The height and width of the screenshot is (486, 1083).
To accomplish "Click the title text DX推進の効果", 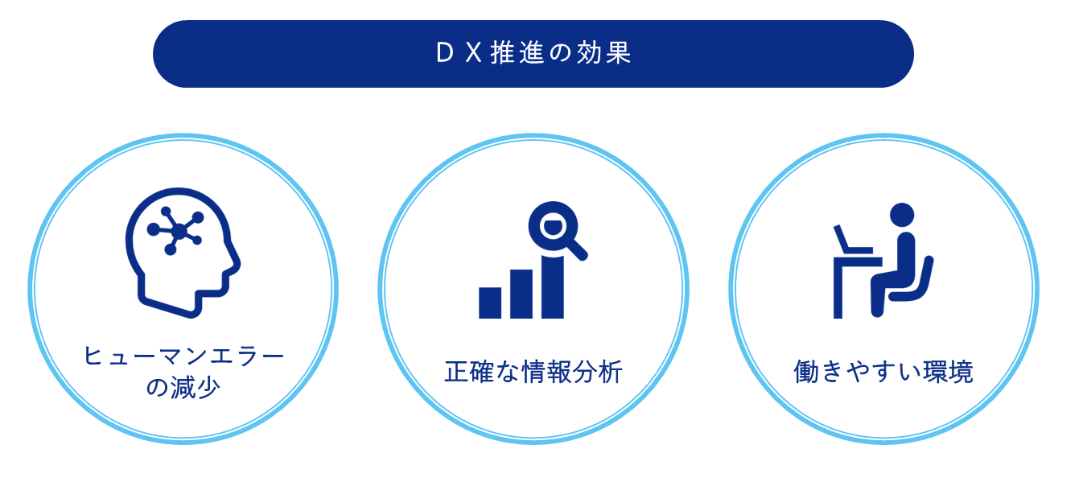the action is pos(533,53).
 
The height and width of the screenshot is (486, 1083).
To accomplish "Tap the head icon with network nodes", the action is pos(183,253).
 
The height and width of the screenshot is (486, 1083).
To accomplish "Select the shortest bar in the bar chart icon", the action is pos(490,303).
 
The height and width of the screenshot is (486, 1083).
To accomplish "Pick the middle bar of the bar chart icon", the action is pos(521,294).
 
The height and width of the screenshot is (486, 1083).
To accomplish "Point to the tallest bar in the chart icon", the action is pos(553,287).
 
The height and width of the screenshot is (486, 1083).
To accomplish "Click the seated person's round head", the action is pos(902,215).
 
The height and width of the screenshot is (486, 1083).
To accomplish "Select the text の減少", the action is pos(183,387).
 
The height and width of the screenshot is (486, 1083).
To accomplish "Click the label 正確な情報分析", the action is pos(533,372).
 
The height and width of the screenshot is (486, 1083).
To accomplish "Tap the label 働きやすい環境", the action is pos(883,372).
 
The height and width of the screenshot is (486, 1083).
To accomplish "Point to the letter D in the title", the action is pos(445,53).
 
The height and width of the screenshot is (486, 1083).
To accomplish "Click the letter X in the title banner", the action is pos(474,53).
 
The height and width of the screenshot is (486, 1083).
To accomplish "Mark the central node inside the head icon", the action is pos(179,232).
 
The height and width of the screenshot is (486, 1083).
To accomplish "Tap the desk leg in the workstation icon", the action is pos(838,291).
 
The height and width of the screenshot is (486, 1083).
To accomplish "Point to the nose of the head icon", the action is pos(236,262).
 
